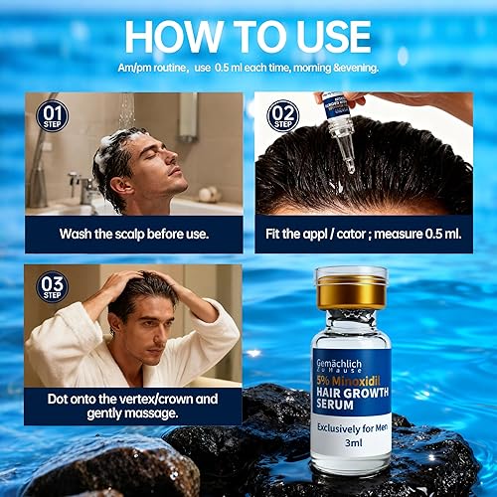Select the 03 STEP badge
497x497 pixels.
coord(52,286)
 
